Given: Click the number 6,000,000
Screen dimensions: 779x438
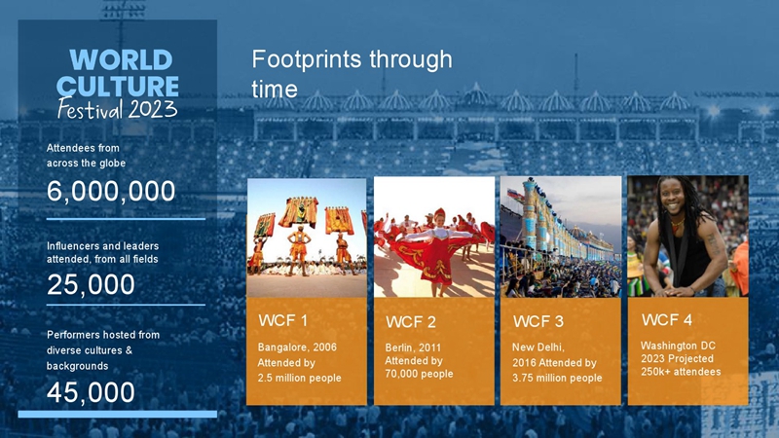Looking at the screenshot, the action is point(111,191).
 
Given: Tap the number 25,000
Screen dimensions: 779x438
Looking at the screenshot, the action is point(91,284).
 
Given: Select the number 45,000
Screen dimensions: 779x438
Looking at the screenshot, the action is point(91,392).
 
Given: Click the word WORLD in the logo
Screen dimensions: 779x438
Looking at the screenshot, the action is point(121,60).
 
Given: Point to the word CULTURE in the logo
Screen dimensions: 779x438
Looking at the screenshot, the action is point(118,87).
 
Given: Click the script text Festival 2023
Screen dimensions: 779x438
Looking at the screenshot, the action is point(117,109).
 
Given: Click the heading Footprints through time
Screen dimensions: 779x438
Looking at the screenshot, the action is point(352,74).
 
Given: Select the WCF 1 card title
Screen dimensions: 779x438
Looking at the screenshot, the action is point(282,321).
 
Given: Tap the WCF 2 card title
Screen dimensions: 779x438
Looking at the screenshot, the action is point(411,322).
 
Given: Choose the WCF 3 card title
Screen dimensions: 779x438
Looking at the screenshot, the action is point(538,322).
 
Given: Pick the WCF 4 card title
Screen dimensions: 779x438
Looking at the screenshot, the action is point(667,320).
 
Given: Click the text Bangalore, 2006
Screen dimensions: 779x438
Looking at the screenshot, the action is point(297,347).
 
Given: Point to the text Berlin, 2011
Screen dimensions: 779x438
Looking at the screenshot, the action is point(413,347).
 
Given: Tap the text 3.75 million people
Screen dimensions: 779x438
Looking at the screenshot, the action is point(557,378).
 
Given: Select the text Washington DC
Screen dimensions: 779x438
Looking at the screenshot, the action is point(678,346).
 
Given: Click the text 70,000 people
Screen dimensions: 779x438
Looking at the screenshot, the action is point(419,374).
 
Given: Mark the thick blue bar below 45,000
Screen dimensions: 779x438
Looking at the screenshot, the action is point(118,414).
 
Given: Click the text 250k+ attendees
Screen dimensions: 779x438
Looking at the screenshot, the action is point(681,372).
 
